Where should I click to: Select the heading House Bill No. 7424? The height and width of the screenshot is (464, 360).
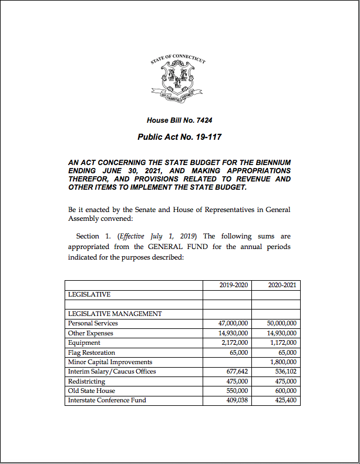pos(179,120)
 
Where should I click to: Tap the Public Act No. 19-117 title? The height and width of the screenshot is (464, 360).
pos(179,137)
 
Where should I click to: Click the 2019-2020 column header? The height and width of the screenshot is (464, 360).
pos(234,285)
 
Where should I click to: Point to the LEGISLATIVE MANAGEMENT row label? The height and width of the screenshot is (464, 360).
pos(115,314)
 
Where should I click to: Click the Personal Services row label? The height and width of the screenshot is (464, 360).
pos(93,323)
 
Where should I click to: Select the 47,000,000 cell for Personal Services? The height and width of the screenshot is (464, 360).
pos(233,323)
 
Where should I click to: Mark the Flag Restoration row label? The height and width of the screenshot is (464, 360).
pos(91,352)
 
